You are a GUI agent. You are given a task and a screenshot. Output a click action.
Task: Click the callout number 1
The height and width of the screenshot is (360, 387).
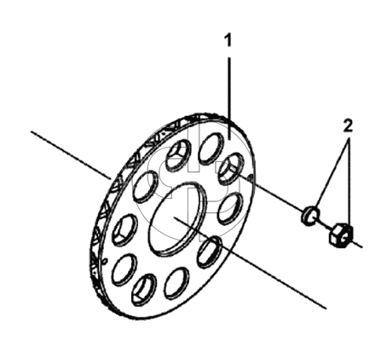pyautogui.click(x=228, y=40)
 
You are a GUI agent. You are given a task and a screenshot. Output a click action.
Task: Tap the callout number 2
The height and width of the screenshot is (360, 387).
pyautogui.click(x=348, y=125)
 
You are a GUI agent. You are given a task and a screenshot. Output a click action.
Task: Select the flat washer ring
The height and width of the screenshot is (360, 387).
pyautogui.click(x=310, y=215)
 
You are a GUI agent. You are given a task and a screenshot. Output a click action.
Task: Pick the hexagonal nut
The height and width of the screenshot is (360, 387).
pyautogui.click(x=340, y=235)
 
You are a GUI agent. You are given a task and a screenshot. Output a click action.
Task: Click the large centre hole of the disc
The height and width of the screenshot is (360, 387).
pyautogui.click(x=178, y=218)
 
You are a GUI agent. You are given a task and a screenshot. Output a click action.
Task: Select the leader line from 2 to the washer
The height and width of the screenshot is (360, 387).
pyautogui.click(x=333, y=174)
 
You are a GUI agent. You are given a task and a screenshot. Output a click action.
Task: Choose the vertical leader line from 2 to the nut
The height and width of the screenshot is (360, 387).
pyautogui.click(x=349, y=181)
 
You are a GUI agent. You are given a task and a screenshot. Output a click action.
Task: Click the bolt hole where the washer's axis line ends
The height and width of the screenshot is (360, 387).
pyautogui.click(x=230, y=168)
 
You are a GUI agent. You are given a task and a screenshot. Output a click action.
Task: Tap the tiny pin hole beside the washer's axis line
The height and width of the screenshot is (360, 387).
pyautogui.click(x=251, y=178)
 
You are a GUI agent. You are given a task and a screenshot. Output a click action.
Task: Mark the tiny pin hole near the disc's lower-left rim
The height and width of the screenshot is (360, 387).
pyautogui.click(x=105, y=259)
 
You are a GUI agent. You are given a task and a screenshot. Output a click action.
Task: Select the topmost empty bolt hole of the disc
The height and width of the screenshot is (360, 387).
pyautogui.click(x=211, y=148)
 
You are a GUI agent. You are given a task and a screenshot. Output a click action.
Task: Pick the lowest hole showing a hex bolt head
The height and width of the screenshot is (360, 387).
pyautogui.click(x=144, y=289)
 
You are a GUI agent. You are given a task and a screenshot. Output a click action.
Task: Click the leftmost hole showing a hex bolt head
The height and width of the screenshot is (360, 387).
pyautogui.click(x=125, y=229)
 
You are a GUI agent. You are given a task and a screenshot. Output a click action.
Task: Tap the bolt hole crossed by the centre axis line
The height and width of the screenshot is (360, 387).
pyautogui.click(x=210, y=253)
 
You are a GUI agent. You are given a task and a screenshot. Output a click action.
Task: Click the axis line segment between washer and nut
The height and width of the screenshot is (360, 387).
pyautogui.click(x=325, y=224)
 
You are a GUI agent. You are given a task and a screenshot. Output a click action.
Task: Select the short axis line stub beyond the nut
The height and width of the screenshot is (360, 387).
pyautogui.click(x=356, y=243)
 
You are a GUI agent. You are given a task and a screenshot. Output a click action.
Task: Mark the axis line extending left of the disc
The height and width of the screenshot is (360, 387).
pyautogui.click(x=71, y=155)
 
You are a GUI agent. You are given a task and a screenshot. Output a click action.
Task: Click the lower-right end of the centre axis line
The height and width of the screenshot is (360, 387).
pyautogui.click(x=326, y=308)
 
